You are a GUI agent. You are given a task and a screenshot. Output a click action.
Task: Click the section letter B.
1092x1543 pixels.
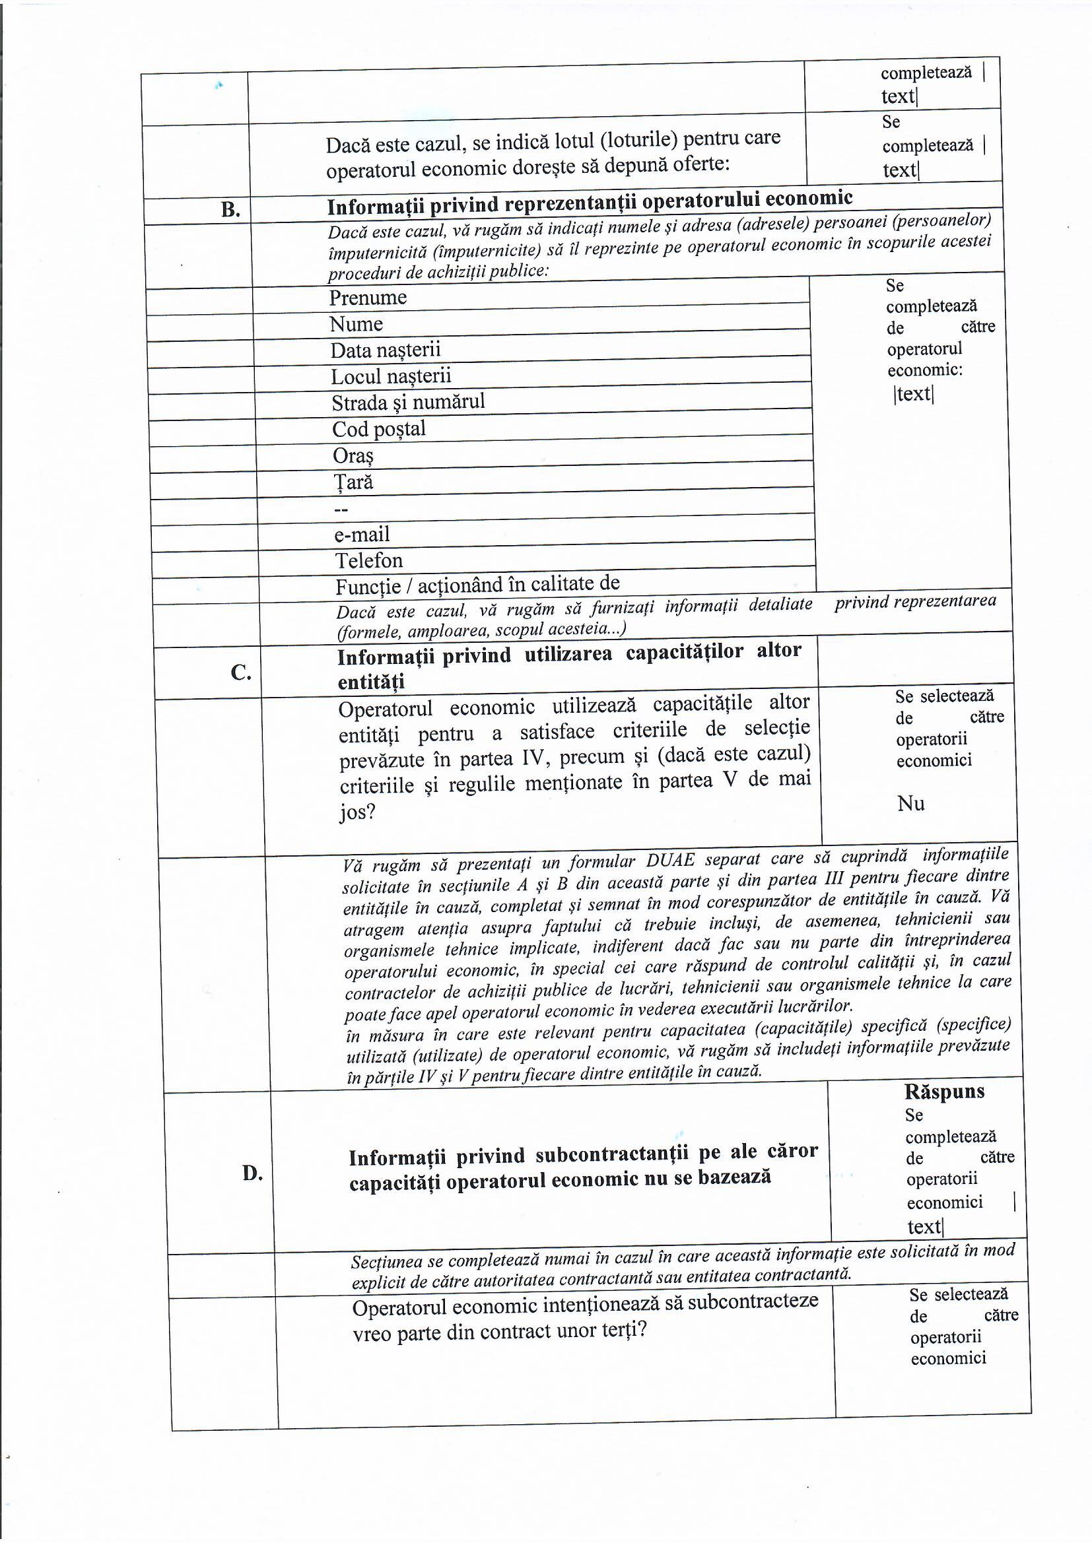pyautogui.click(x=230, y=210)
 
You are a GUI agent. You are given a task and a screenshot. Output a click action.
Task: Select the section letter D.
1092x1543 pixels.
pyautogui.click(x=252, y=1173)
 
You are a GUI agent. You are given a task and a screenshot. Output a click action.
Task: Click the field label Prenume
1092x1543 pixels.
pyautogui.click(x=368, y=298)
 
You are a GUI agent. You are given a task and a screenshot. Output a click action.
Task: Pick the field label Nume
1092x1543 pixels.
pyautogui.click(x=356, y=324)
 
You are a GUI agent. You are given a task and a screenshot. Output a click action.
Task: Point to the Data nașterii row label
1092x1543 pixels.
pyautogui.click(x=386, y=350)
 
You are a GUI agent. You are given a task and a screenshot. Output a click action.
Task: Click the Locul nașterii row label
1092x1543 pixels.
pyautogui.click(x=391, y=376)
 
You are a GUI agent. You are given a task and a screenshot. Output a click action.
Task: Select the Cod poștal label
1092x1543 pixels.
pyautogui.click(x=378, y=429)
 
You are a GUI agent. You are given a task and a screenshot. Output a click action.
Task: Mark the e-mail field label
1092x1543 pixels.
pyautogui.click(x=362, y=535)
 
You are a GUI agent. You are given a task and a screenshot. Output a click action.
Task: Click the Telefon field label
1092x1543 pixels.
pyautogui.click(x=368, y=560)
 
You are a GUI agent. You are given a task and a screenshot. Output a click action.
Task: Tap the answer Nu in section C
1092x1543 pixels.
pyautogui.click(x=910, y=803)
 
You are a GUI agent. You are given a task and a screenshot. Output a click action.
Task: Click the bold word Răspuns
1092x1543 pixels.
pyautogui.click(x=944, y=1092)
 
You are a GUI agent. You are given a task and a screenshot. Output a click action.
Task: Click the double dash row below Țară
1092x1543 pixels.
pyautogui.click(x=341, y=509)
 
